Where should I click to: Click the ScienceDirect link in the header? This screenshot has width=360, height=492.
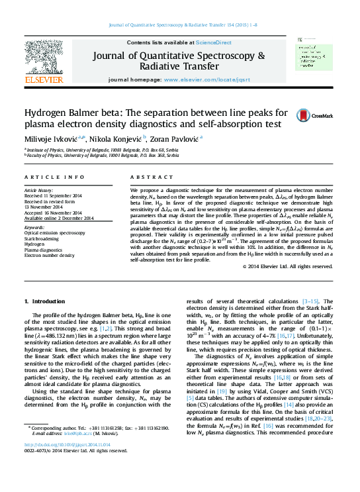pyautogui.click(x=214, y=42)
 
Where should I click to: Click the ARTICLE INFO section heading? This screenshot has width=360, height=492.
pyautogui.click(x=54, y=178)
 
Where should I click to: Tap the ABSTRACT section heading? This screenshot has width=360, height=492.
pyautogui.click(x=147, y=178)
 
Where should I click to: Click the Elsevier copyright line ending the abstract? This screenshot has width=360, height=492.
pyautogui.click(x=269, y=285)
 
